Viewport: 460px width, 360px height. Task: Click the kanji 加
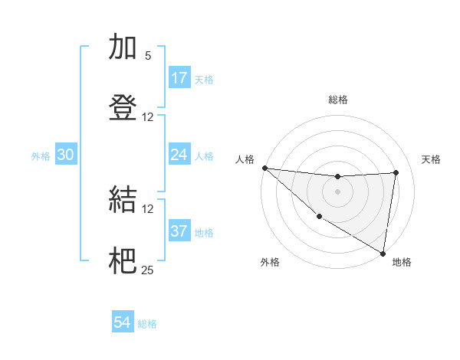point(123,47)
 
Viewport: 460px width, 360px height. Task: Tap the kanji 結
point(123,201)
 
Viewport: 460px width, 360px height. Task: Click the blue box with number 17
point(179,77)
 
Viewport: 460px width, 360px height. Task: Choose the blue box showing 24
point(179,155)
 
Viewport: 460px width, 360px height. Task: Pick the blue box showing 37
point(179,231)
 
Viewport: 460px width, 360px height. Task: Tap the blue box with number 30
point(66,155)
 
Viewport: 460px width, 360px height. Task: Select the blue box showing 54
point(123,322)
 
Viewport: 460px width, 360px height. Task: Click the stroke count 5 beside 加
point(148,56)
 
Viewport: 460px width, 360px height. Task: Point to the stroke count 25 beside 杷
point(148,270)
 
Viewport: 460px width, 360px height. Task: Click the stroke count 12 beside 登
point(148,117)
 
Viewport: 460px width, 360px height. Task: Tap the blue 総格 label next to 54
point(148,324)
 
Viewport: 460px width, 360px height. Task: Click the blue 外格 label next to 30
point(41,155)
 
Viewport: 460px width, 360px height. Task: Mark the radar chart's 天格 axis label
point(431,159)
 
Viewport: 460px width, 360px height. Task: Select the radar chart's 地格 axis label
point(402,262)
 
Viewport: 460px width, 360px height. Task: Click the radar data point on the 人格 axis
point(264,168)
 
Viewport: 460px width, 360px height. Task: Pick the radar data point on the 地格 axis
point(383,253)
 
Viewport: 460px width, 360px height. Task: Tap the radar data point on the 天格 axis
point(396,172)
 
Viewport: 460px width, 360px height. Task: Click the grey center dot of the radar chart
point(337,191)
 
